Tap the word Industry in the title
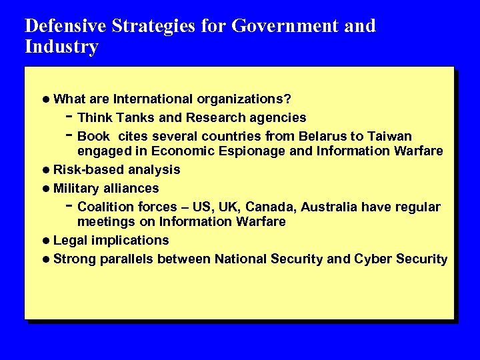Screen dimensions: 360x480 61,47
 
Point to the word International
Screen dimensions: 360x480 153,99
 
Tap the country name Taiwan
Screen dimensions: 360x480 389,136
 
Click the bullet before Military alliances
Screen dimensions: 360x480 45,189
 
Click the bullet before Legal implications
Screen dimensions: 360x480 45,241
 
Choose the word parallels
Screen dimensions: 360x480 129,259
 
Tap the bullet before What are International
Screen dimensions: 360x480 45,100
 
